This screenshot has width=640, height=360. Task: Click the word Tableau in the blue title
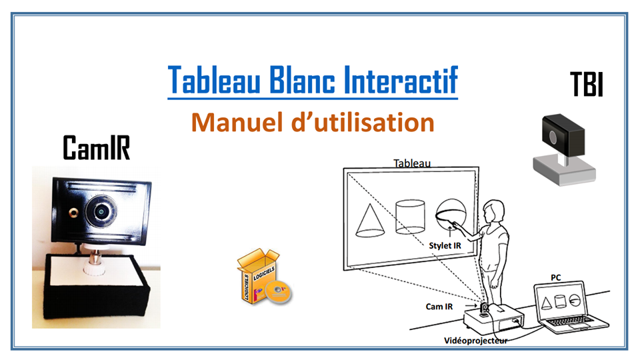click(x=214, y=79)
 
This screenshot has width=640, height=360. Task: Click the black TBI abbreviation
click(x=587, y=84)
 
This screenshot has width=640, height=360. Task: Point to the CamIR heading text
click(x=96, y=147)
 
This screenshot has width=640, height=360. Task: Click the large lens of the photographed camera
click(x=101, y=211)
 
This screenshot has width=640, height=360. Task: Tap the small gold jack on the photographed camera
click(x=74, y=213)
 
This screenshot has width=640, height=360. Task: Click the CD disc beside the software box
click(x=279, y=291)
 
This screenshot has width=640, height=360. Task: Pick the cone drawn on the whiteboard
click(x=370, y=221)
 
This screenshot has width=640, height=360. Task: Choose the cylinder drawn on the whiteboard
click(x=410, y=216)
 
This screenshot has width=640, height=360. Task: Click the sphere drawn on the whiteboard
click(x=451, y=215)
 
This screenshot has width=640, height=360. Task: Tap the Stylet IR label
click(x=445, y=246)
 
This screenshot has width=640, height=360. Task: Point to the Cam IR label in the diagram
click(x=439, y=307)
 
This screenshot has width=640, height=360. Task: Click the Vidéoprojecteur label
click(x=476, y=341)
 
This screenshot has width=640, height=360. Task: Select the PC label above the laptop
click(x=555, y=277)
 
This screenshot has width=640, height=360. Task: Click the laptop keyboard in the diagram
click(x=571, y=321)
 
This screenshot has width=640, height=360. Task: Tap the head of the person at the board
click(x=493, y=211)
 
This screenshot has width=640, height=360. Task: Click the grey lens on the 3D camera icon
click(x=553, y=137)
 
